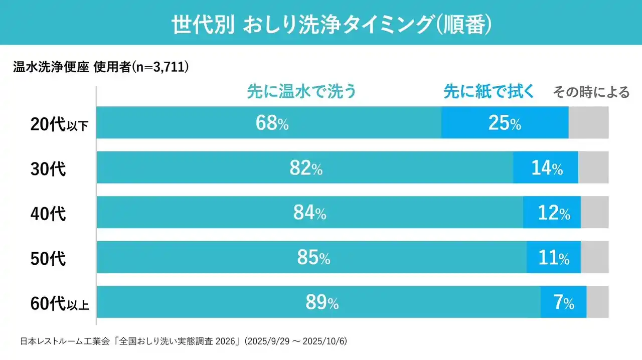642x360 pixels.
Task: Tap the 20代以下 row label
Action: [x=59, y=124]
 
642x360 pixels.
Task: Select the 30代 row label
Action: [x=48, y=169]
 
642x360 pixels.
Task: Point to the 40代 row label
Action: [x=48, y=214]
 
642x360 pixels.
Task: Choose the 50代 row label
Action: [x=48, y=259]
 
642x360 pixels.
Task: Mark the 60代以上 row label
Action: [x=59, y=303]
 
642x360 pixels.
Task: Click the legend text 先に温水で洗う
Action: [x=301, y=92]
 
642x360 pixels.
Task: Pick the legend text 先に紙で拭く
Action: [x=489, y=92]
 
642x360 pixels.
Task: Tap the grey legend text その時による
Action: [x=591, y=92]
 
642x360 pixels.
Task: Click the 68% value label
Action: [x=272, y=123]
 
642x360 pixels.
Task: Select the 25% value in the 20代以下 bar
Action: [x=505, y=123]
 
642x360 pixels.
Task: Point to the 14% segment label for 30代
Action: [x=547, y=168]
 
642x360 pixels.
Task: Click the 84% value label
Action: [x=309, y=213]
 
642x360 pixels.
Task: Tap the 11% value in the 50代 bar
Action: [x=554, y=258]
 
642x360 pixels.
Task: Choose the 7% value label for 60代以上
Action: [x=564, y=303]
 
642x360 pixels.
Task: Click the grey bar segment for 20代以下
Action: [x=588, y=123]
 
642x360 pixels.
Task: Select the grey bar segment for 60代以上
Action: [x=597, y=302]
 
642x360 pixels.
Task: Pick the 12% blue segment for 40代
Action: [x=552, y=213]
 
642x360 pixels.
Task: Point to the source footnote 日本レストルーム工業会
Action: [x=66, y=341]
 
